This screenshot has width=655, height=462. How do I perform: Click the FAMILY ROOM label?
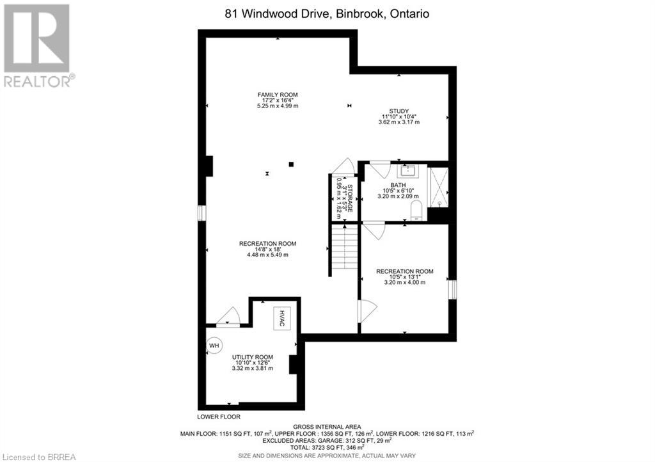[278, 95]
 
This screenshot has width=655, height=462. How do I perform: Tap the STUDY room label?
[399, 111]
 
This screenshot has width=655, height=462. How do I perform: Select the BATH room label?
[398, 185]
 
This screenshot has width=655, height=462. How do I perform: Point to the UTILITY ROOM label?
[252, 357]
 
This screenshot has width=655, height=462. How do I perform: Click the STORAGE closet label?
[350, 198]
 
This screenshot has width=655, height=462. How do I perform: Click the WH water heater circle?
[214, 346]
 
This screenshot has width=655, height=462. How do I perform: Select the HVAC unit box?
[282, 319]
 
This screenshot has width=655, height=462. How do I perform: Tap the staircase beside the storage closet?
[345, 250]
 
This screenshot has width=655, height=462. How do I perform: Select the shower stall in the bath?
[439, 187]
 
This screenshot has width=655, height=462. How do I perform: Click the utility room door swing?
[228, 315]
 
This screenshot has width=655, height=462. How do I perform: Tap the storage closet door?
[343, 166]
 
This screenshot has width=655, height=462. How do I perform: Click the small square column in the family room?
[291, 164]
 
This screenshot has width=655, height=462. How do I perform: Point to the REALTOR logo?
[38, 46]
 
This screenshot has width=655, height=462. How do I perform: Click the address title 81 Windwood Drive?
[327, 14]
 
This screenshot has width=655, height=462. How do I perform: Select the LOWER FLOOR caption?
[219, 417]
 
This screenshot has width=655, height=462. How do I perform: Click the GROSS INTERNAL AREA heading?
[327, 427]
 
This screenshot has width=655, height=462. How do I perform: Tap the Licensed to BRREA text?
[38, 457]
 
